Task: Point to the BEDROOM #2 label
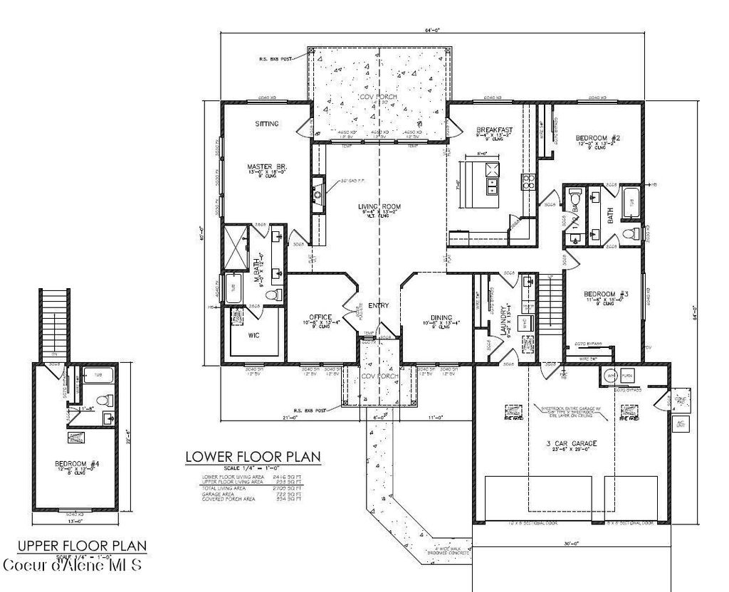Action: [597, 137]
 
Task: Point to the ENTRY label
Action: [379, 305]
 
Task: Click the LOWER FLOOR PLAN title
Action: [252, 456]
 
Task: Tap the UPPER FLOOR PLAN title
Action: [82, 546]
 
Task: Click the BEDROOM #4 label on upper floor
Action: [76, 464]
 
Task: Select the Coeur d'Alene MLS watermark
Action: [73, 566]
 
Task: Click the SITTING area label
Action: [266, 124]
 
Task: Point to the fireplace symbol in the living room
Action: [318, 191]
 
